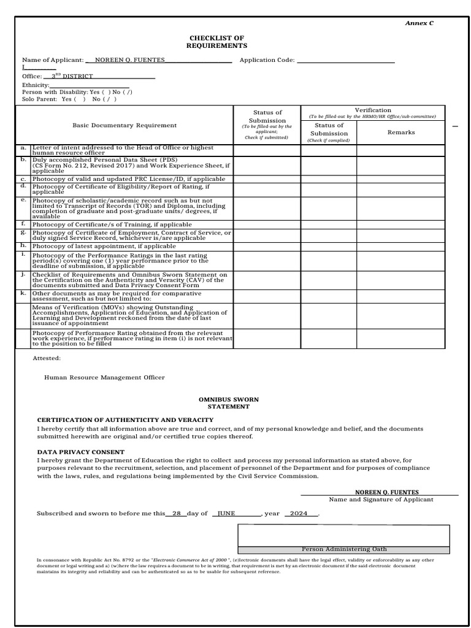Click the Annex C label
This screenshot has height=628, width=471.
coord(419,23)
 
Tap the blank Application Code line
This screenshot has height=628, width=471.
coord(345,60)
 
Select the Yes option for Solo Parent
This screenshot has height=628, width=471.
coord(69,99)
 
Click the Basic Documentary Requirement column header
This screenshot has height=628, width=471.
coord(124,125)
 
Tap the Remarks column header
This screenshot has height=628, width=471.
coord(401,132)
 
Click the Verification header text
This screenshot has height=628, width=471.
coord(372,110)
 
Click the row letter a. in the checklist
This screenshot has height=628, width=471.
coord(23,148)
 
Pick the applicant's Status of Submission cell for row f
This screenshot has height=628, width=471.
coord(267,224)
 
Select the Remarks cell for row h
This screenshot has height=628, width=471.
coord(401,246)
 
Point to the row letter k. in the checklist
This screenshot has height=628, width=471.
coord(23,293)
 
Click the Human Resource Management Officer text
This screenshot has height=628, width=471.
coord(104,378)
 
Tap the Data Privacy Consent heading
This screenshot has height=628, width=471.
coord(80,452)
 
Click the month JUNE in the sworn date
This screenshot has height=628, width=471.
coord(226,513)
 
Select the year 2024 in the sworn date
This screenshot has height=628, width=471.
coord(299,513)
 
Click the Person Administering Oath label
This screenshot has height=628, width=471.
coord(344,549)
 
